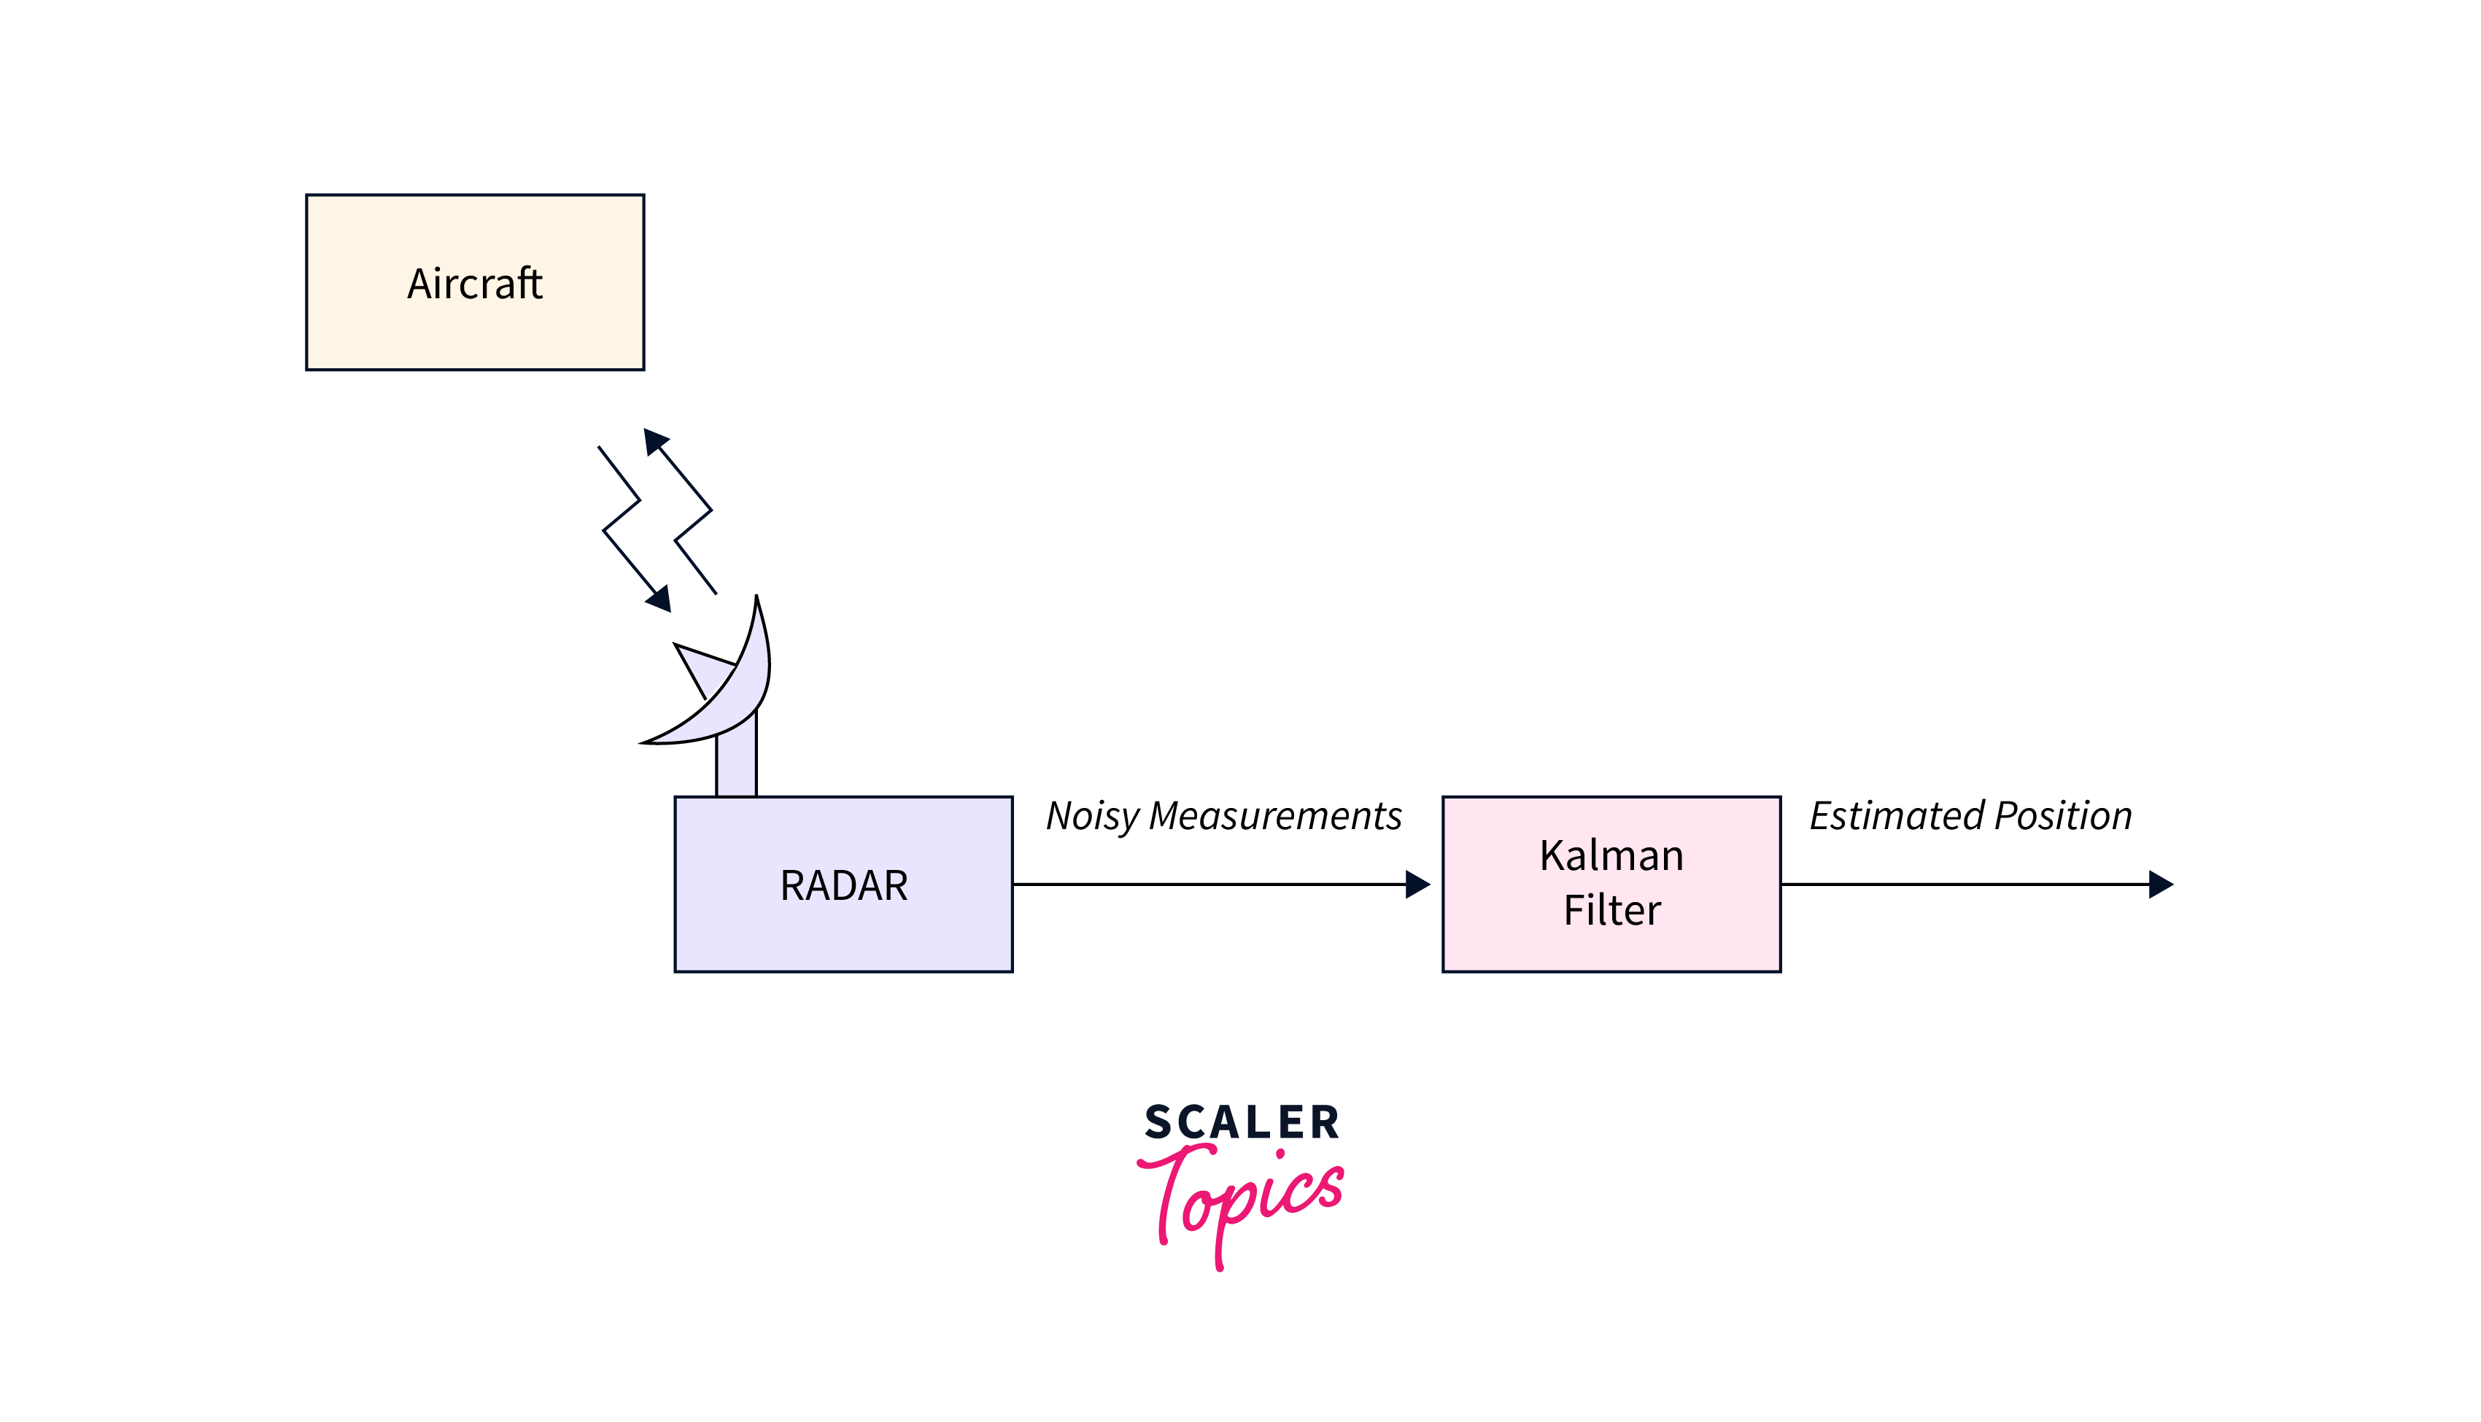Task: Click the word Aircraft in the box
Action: [x=475, y=284]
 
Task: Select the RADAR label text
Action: [x=844, y=886]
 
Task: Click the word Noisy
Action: [x=1092, y=817]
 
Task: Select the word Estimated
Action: [x=1897, y=817]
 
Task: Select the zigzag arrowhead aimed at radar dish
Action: [x=660, y=599]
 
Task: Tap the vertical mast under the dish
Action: [x=737, y=766]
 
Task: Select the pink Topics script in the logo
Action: [x=1240, y=1201]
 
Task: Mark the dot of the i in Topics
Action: [x=1280, y=1154]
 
